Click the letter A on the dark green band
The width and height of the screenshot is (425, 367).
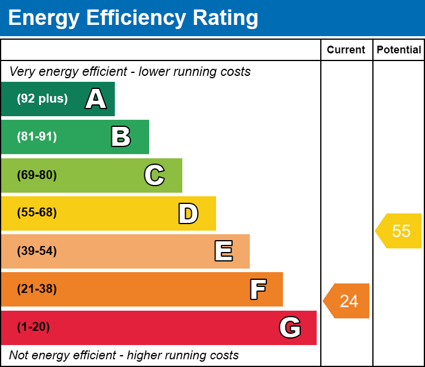(96, 98)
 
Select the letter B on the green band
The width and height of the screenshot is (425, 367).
(121, 136)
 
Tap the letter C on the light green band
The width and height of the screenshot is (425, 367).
(154, 175)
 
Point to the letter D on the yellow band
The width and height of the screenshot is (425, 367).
(188, 213)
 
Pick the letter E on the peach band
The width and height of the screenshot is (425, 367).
(224, 251)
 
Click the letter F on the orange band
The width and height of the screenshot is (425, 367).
(258, 289)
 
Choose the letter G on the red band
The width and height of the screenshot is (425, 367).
(290, 327)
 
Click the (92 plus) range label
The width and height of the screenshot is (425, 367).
(42, 98)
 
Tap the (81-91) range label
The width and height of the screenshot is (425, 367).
(37, 136)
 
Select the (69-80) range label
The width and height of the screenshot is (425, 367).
(37, 175)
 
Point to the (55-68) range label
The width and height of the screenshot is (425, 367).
(37, 212)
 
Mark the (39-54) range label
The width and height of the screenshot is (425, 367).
(37, 251)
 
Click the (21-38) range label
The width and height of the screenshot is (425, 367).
(37, 289)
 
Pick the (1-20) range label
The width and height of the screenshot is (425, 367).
(33, 327)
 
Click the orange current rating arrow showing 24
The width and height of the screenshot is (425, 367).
(346, 301)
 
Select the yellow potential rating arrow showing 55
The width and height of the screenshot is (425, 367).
(398, 231)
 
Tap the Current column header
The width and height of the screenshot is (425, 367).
(346, 50)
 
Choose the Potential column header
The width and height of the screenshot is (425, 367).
(399, 50)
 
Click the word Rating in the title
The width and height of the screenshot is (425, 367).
(226, 18)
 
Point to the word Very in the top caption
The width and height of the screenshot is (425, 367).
(22, 72)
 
